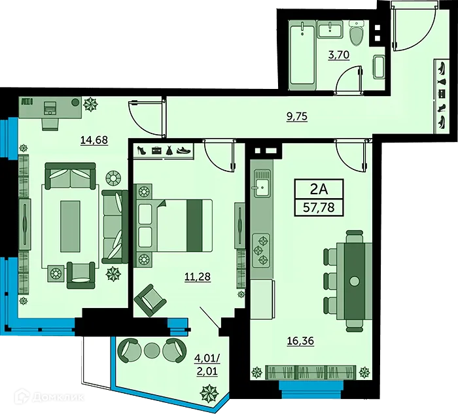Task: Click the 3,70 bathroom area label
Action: [x=338, y=56]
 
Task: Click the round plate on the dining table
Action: [x=354, y=281]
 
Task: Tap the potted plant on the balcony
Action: [x=209, y=392]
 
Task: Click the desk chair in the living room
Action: [x=50, y=122]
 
